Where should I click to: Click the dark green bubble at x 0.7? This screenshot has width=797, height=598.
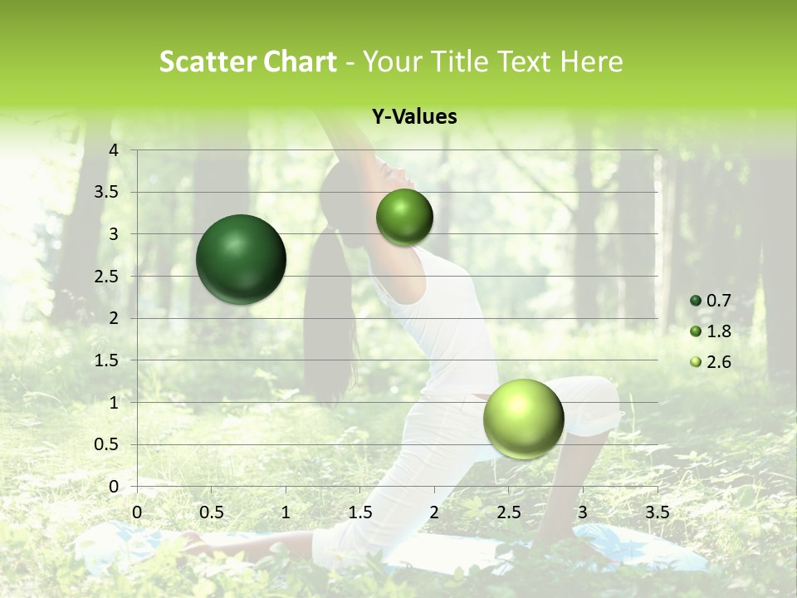[241, 259]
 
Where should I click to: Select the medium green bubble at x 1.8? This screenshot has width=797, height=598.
[404, 218]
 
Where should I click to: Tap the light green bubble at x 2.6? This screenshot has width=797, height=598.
[523, 419]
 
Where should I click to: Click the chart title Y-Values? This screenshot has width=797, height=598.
[414, 117]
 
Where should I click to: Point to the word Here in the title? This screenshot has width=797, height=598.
[591, 61]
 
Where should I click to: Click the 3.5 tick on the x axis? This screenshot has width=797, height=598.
[657, 512]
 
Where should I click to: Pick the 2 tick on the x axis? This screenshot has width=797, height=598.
[434, 512]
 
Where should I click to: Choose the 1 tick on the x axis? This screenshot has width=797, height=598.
[286, 512]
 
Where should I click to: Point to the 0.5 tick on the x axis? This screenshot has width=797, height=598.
[211, 512]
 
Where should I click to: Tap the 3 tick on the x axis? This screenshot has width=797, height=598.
[583, 512]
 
